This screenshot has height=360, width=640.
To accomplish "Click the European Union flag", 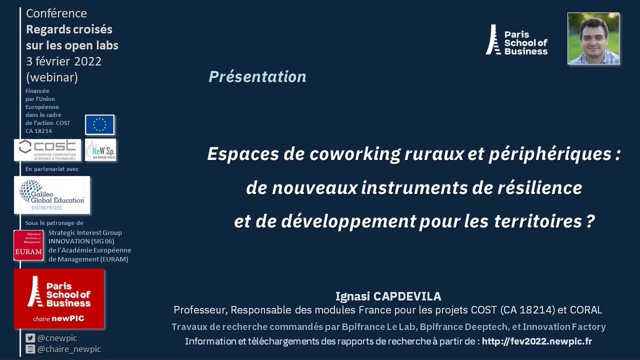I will click(x=100, y=125).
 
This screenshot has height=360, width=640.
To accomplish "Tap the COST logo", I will click(x=47, y=150).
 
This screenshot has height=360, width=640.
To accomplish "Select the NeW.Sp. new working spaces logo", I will click(x=100, y=150).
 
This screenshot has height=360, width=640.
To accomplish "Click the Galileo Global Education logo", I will click(x=52, y=195).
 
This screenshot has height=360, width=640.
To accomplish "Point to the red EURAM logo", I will click(x=28, y=246).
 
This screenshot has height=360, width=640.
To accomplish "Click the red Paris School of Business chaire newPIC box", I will click(x=59, y=298).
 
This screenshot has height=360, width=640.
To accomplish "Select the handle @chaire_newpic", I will click(x=69, y=349).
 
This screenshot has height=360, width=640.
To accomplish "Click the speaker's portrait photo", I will click(x=593, y=38).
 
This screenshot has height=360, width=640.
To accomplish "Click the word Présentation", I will click(x=257, y=77).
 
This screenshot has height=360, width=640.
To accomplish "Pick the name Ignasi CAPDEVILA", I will click(x=388, y=296).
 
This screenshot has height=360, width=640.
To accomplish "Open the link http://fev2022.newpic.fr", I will click(x=537, y=341).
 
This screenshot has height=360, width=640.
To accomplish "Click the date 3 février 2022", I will click(x=63, y=61).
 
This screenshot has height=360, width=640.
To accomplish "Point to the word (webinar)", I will click(x=52, y=77).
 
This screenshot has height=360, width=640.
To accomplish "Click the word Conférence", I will click(x=57, y=13).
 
